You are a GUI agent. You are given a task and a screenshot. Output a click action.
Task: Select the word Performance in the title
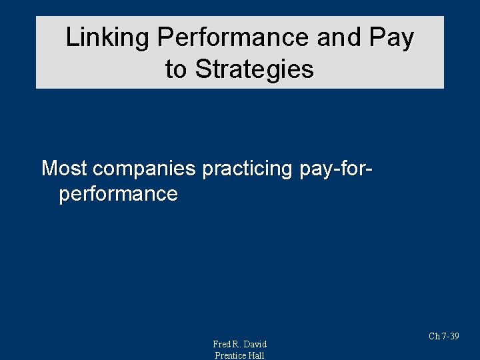[x=233, y=38]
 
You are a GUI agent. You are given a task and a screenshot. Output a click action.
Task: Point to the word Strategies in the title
[x=254, y=69]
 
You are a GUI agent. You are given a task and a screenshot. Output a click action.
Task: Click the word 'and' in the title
[x=335, y=38]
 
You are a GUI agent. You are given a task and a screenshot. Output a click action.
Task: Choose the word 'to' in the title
[x=176, y=69]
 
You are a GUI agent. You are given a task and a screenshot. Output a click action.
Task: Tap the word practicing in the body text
[x=247, y=169]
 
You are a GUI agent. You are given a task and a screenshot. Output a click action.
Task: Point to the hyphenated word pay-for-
[x=336, y=169]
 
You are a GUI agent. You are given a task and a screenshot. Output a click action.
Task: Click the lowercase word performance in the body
[x=118, y=194]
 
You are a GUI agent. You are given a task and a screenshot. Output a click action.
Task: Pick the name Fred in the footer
[x=222, y=344]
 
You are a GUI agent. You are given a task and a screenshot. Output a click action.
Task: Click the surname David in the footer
[x=255, y=344]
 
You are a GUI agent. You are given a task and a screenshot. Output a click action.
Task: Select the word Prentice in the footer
[x=230, y=355]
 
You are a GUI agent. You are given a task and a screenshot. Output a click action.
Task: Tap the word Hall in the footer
[x=257, y=355]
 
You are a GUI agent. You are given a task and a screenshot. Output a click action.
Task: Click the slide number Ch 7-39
[x=444, y=336]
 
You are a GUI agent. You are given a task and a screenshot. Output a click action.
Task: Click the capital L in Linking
[x=71, y=38]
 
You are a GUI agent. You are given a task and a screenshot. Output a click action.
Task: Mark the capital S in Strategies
[x=202, y=69]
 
